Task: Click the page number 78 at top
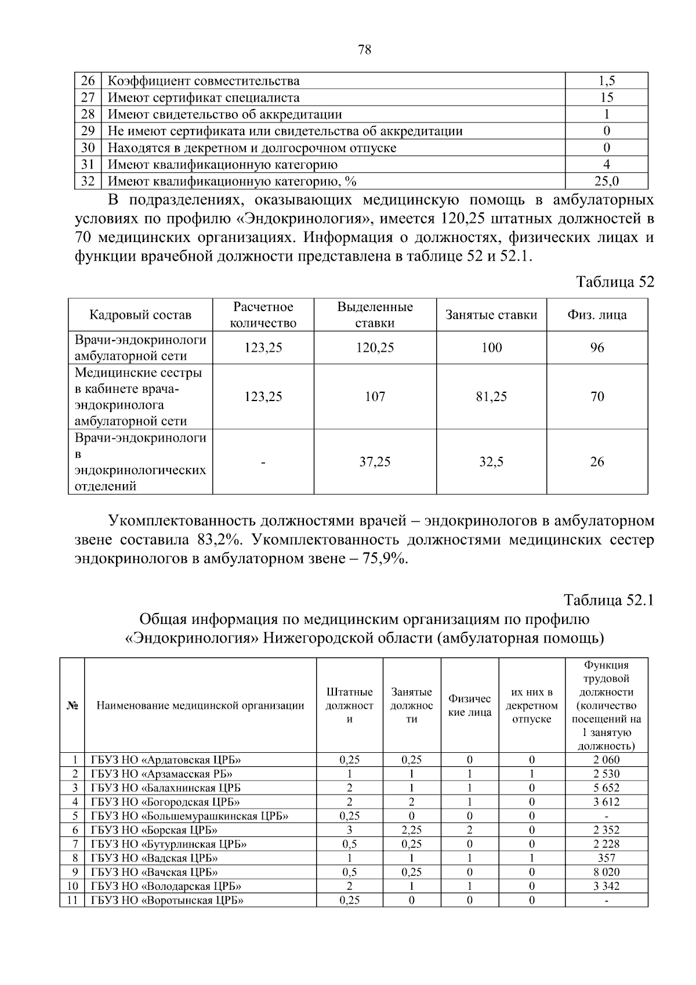pyautogui.click(x=364, y=50)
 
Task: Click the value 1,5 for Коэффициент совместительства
pyautogui.click(x=606, y=81)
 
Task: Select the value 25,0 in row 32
pyautogui.click(x=606, y=182)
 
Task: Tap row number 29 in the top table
pyautogui.click(x=88, y=131)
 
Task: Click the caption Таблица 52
pyautogui.click(x=614, y=282)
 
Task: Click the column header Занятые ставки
pyautogui.click(x=491, y=315)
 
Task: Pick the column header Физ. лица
pyautogui.click(x=596, y=315)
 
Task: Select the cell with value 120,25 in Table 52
pyautogui.click(x=375, y=348)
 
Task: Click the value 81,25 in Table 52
pyautogui.click(x=491, y=396)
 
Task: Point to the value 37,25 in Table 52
pyautogui.click(x=375, y=462)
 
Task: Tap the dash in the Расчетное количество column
pyautogui.click(x=263, y=462)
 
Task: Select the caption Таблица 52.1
pyautogui.click(x=608, y=600)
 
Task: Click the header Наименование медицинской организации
pyautogui.click(x=200, y=706)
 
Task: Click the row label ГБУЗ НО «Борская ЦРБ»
pyautogui.click(x=154, y=830)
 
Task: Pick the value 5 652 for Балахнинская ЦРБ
pyautogui.click(x=606, y=788)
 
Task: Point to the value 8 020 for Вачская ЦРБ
pyautogui.click(x=606, y=872)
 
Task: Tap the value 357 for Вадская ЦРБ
pyautogui.click(x=606, y=858)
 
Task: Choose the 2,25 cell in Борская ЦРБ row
pyautogui.click(x=411, y=830)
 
